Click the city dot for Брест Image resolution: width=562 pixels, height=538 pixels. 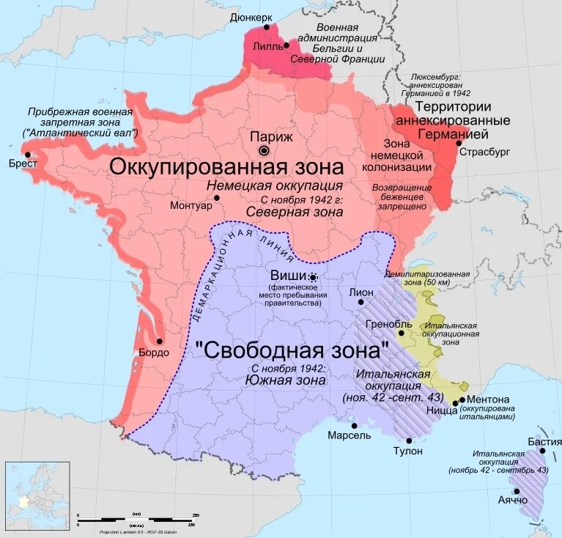tap(28, 154)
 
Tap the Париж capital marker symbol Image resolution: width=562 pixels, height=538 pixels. tap(265, 150)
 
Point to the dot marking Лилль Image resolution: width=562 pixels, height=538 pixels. tap(286, 45)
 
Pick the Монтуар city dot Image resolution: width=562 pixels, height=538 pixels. tap(217, 198)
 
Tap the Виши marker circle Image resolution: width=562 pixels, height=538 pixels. tap(314, 277)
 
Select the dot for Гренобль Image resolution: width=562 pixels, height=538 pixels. tap(401, 333)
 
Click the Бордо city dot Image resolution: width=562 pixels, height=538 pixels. tap(159, 341)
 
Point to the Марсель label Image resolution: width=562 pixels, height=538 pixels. tap(349, 435)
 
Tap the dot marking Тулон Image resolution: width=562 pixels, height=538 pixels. tap(408, 440)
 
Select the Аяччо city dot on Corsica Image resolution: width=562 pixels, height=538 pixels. tap(517, 491)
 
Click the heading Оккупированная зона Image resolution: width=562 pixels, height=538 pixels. tap(226, 166)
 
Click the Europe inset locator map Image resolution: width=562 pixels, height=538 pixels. tap(37, 495)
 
